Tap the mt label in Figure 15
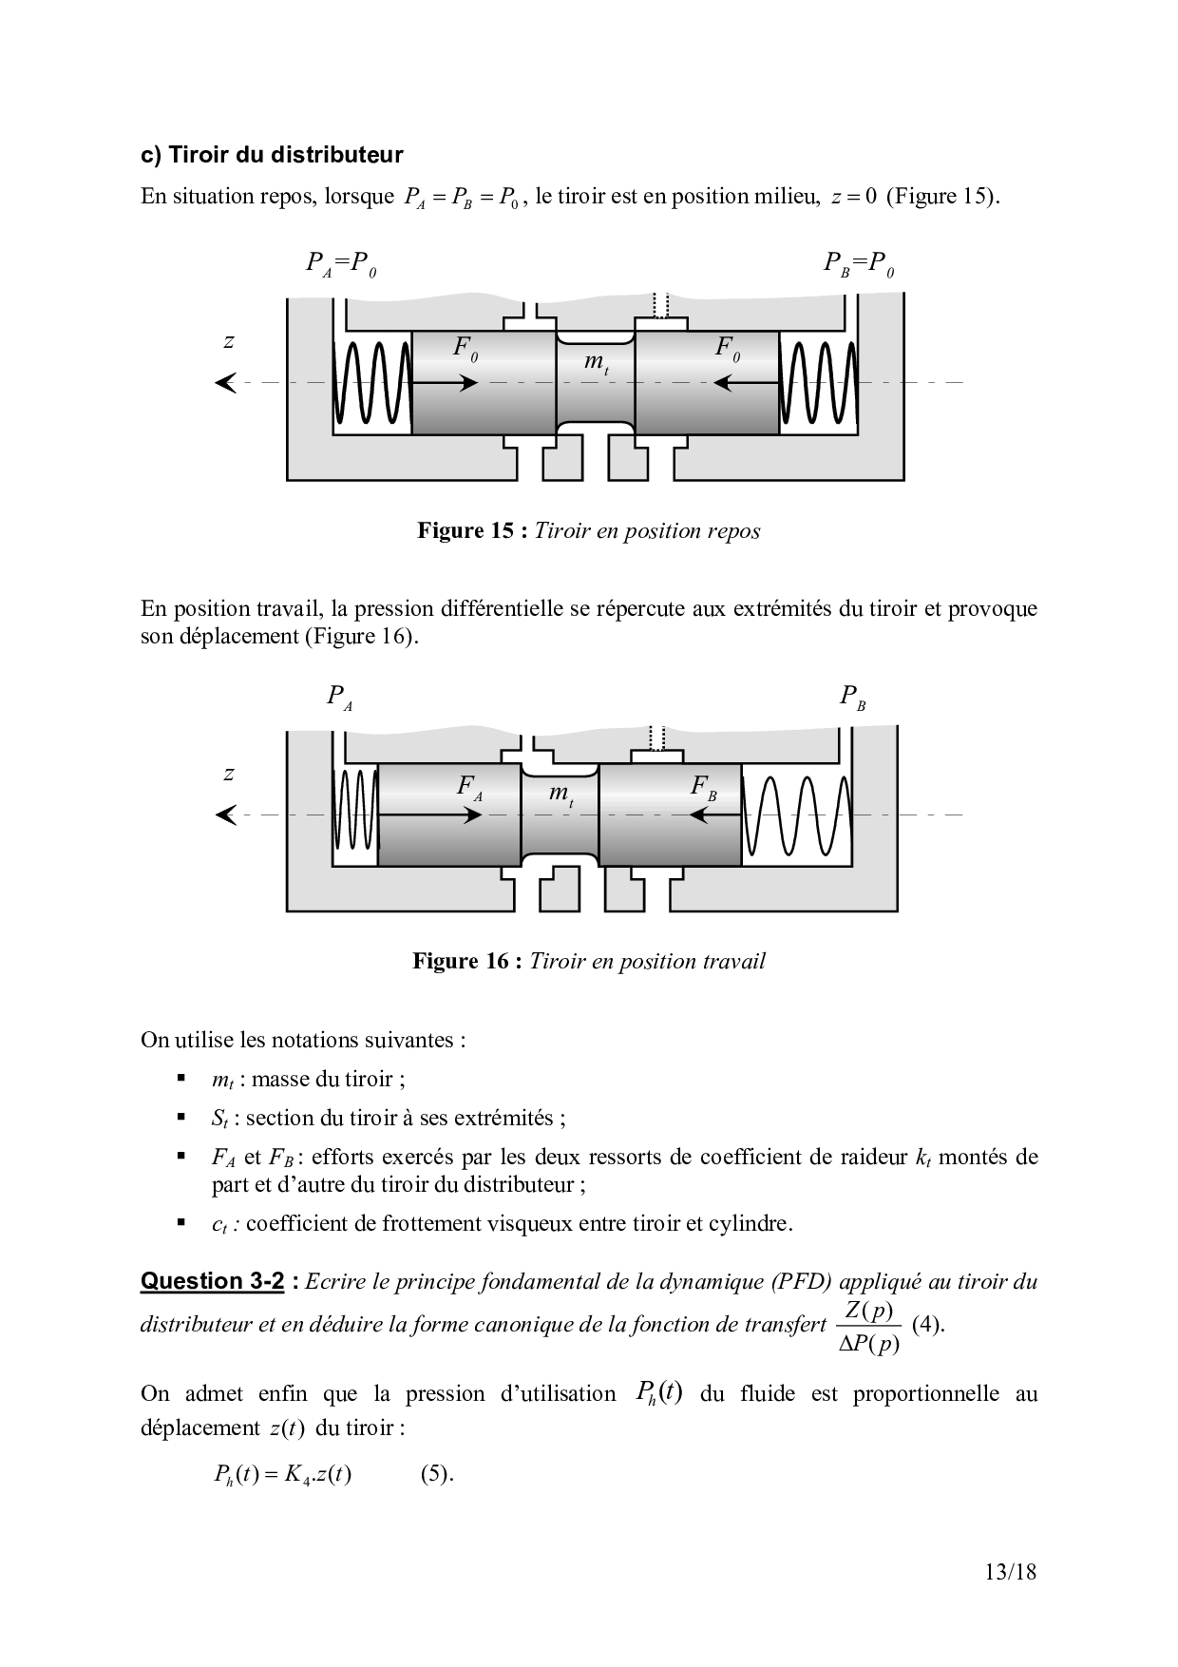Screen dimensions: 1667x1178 (595, 362)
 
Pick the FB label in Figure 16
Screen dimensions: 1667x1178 (703, 788)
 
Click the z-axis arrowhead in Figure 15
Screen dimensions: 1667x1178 (226, 383)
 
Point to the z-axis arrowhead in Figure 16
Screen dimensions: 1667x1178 (226, 815)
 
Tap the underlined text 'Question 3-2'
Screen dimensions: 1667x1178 (212, 1281)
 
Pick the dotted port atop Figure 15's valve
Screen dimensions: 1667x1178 (661, 305)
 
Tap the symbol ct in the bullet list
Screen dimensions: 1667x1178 (218, 1224)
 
